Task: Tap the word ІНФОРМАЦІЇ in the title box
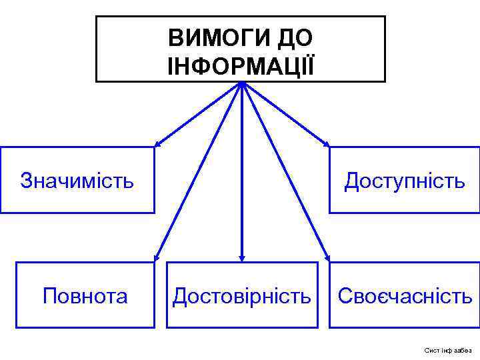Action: point(241,65)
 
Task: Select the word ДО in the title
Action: point(295,38)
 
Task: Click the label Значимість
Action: point(77,180)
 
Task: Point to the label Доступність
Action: point(404,180)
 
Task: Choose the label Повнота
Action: point(85,295)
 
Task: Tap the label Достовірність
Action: point(241,295)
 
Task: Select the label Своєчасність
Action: point(405,295)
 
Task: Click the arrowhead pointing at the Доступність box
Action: point(326,143)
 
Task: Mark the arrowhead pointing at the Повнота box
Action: point(157,256)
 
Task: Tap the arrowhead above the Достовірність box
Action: point(242,257)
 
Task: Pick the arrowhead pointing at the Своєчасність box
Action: point(327,256)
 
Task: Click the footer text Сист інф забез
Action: point(447,350)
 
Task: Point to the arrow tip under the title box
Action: point(242,85)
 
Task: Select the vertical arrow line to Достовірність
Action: point(242,173)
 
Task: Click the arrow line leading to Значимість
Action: point(200,113)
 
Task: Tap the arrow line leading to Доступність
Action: point(284,113)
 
